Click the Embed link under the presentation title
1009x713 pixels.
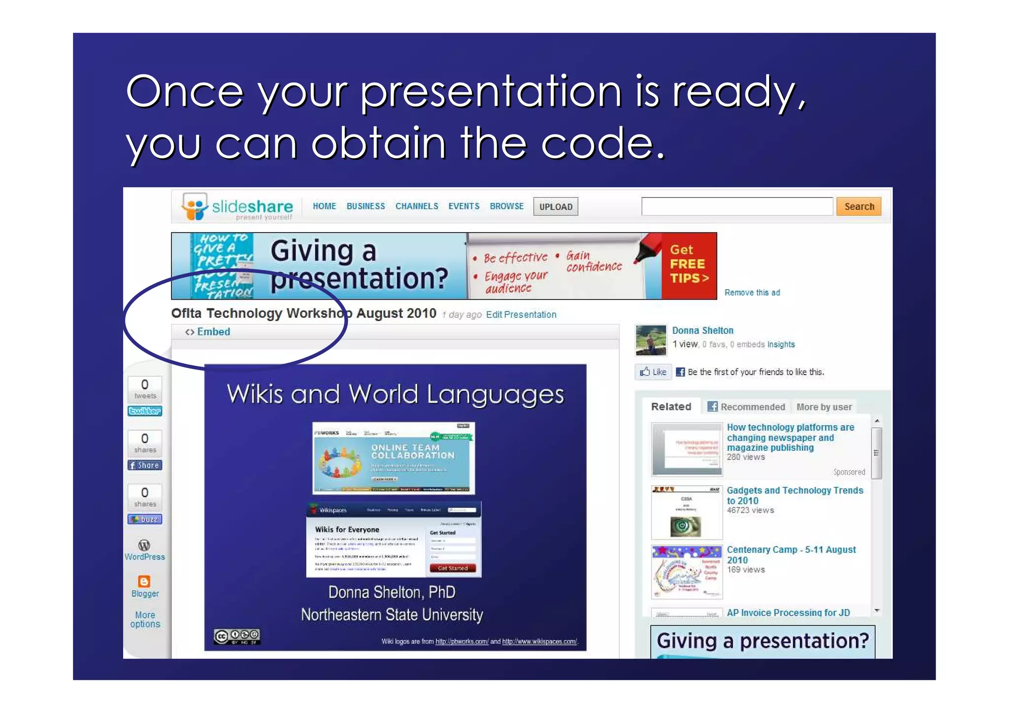click(213, 332)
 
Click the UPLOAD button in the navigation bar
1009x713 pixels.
click(555, 207)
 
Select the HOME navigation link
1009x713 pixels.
click(324, 206)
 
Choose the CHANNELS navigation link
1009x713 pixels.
click(416, 206)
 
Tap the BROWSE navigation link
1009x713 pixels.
click(506, 206)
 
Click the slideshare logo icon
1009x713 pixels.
click(195, 206)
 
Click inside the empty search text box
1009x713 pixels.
click(737, 206)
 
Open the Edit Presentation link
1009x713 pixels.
click(521, 314)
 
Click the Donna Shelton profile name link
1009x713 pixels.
click(703, 330)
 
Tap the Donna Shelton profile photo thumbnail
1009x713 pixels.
click(650, 340)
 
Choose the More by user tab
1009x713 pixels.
click(824, 407)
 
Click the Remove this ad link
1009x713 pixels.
click(752, 293)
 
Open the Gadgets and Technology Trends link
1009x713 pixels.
click(794, 495)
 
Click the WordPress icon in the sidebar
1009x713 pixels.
click(144, 545)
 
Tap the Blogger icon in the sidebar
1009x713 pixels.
click(144, 581)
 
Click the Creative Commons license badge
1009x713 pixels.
click(236, 636)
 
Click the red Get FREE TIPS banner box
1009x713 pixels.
click(688, 265)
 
